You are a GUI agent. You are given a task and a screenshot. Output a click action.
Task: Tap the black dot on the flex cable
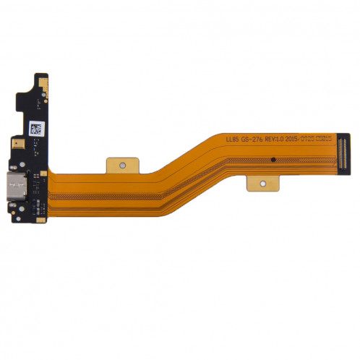point(273,157)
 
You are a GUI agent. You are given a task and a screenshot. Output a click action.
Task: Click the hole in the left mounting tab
point(121,166)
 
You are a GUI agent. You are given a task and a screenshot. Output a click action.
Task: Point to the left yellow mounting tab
point(120,166)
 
